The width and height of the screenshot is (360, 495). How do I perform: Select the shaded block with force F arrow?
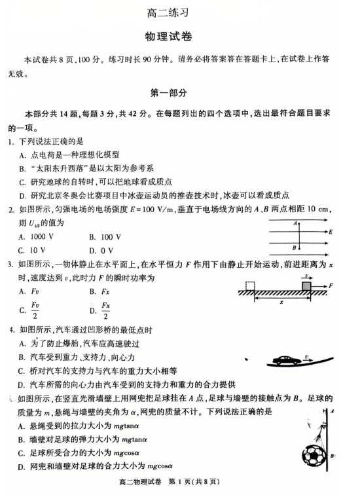306,286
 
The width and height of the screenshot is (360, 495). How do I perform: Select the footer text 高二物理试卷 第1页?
178,483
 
